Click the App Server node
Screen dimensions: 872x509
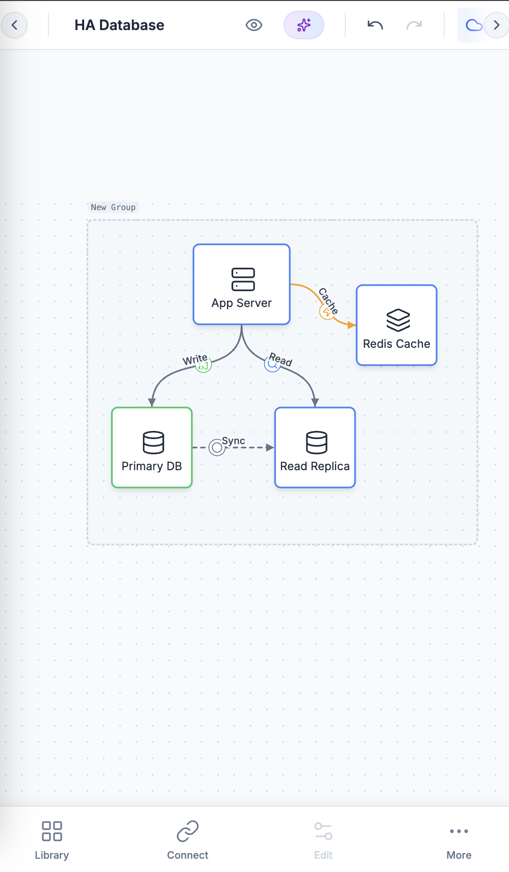tap(241, 285)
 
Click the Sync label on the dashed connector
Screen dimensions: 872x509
tap(234, 441)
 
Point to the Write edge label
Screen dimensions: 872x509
tap(194, 360)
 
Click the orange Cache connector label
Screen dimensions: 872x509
tap(328, 300)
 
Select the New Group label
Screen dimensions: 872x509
tap(113, 207)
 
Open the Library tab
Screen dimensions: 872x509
tap(52, 839)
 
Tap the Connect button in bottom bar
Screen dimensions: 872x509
tap(188, 839)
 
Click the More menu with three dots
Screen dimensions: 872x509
tap(459, 839)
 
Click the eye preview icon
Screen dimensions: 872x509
tap(253, 25)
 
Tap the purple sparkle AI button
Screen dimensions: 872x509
tap(303, 25)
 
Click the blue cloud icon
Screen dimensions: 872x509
tap(473, 25)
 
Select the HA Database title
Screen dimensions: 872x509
tap(119, 25)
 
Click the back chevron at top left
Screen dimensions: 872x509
tap(14, 25)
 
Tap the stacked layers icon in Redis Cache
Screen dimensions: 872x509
tap(398, 320)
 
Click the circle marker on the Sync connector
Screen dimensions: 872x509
tap(217, 448)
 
